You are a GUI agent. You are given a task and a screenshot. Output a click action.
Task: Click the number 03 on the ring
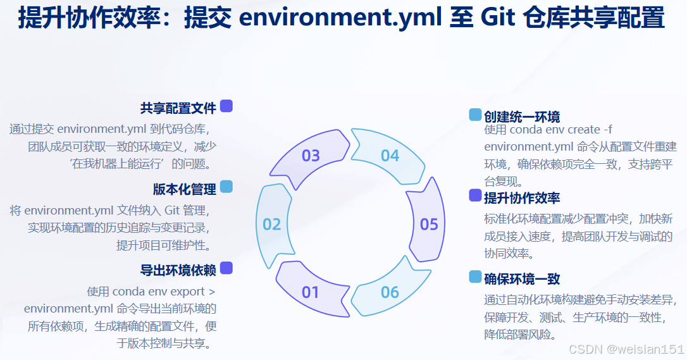pos(311,155)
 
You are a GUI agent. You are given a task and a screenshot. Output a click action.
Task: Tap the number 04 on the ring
pos(390,155)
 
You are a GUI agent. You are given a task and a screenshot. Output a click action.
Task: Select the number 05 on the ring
pos(429,225)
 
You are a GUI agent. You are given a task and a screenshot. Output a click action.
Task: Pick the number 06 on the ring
pos(390,292)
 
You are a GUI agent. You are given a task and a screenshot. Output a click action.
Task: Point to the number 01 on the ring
pos(311,292)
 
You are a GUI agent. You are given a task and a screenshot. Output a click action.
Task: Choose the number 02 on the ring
pos(272,225)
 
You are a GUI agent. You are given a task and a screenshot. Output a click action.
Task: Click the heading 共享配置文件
pos(178,108)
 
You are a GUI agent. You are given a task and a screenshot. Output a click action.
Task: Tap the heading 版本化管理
pos(185,189)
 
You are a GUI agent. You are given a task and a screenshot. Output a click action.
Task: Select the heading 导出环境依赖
pos(178,270)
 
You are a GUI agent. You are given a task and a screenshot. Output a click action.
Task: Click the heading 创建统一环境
pos(522,116)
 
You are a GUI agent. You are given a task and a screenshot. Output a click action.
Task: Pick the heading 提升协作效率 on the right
pos(522,197)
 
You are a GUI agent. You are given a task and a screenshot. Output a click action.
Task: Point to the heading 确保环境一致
pos(522,279)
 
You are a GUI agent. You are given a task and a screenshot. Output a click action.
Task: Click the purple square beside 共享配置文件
pos(226,106)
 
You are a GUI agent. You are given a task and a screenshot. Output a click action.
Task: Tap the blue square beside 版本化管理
pos(226,187)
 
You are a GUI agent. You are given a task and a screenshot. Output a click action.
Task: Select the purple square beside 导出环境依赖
pos(226,268)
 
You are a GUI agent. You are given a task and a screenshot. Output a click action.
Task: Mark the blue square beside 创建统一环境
pos(475,115)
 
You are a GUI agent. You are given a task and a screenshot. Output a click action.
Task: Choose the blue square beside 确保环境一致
pos(475,277)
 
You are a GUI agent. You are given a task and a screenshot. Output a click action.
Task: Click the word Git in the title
pos(500,18)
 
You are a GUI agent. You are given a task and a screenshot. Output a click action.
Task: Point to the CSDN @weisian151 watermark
pos(626,349)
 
